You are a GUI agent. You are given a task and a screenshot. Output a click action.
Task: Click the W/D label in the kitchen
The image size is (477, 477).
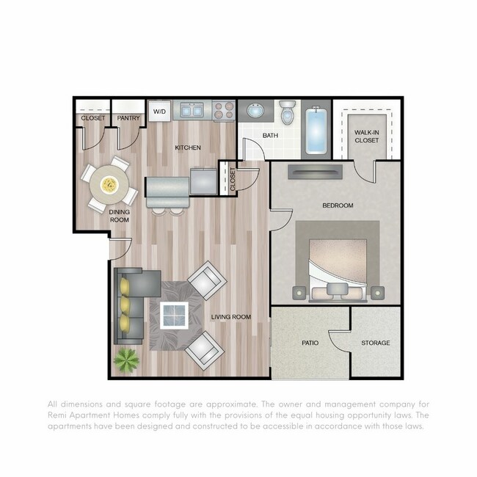point(159,112)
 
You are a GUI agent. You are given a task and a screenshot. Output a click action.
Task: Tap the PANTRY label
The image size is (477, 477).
point(128,118)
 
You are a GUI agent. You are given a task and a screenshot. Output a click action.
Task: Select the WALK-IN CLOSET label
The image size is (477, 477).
point(367,135)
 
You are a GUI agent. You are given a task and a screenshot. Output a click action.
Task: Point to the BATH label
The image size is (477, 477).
point(271,135)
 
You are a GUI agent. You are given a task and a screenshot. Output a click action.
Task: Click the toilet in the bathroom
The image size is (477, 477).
point(287,114)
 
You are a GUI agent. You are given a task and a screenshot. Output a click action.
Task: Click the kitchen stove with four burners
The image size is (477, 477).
point(224,110)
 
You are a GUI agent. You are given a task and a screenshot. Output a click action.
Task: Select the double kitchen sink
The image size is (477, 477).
point(192,110)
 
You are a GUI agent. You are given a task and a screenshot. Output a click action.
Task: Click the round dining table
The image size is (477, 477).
point(109,185)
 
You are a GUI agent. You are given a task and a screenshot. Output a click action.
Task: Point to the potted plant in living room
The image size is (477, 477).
point(126,360)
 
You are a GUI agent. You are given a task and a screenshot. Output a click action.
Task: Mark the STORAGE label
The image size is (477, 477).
point(375,343)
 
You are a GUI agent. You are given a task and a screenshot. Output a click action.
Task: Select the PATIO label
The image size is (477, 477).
point(310,343)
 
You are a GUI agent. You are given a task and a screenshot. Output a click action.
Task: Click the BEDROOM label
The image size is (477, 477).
point(338,205)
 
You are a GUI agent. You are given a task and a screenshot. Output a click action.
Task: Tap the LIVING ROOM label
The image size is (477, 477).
point(231,318)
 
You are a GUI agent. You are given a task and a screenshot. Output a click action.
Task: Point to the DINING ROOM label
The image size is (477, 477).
point(120,216)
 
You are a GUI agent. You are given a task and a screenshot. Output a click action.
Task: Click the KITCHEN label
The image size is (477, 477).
point(188,148)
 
